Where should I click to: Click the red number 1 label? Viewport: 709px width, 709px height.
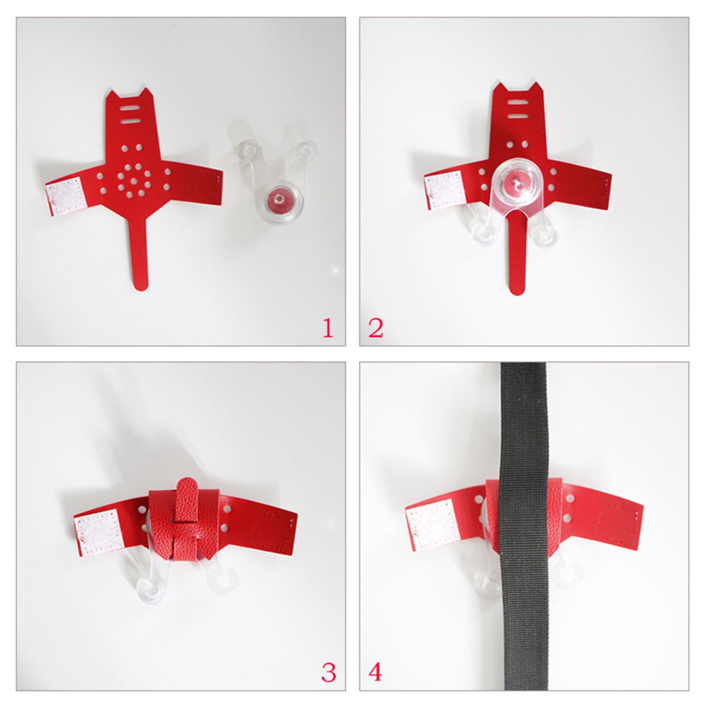click(328, 328)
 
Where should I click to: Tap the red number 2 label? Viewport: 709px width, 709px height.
click(375, 328)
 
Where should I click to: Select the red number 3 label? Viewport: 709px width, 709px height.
click(328, 673)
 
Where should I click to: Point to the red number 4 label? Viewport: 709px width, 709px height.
click(375, 673)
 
